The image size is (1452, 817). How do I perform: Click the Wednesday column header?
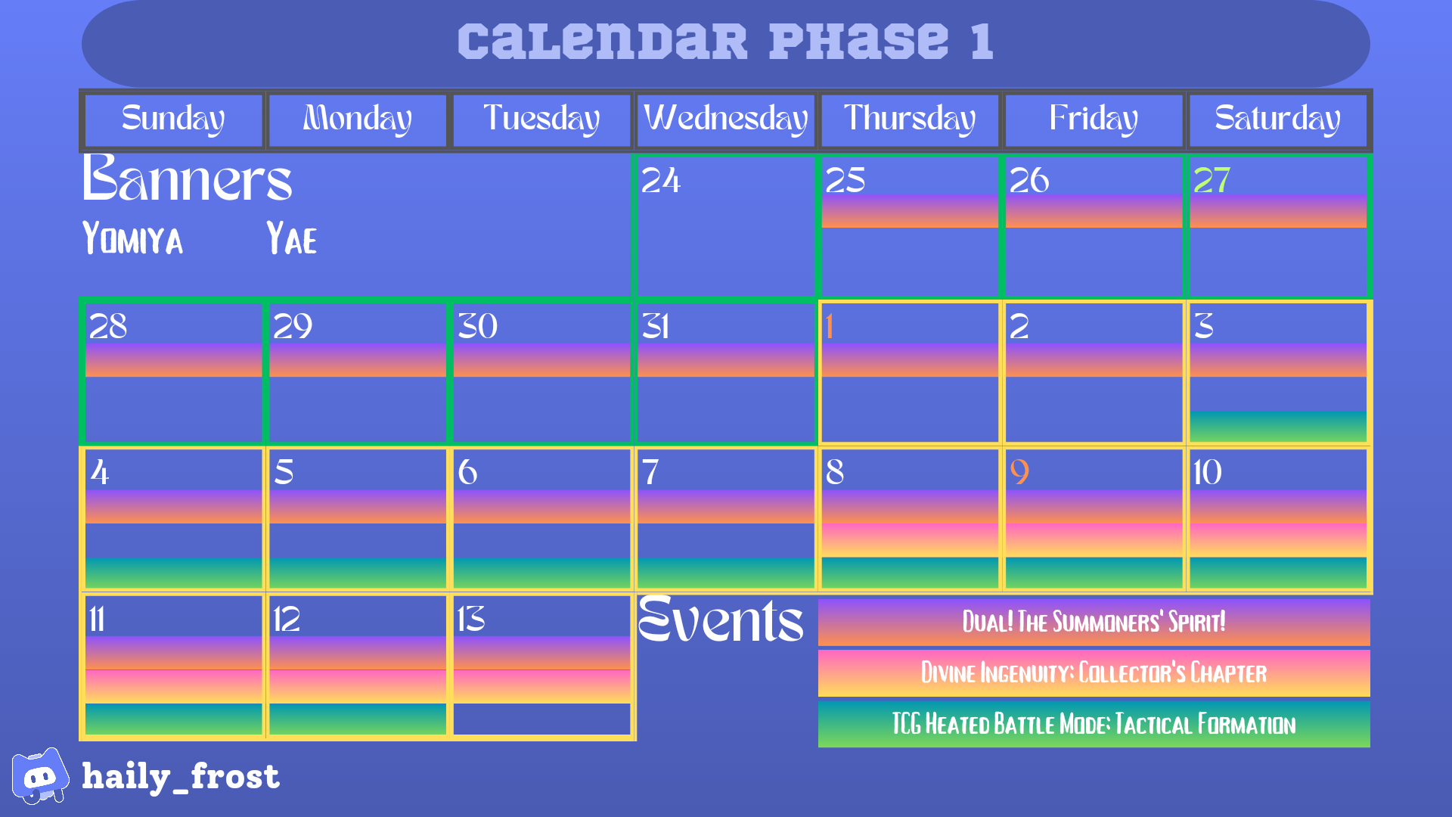(725, 120)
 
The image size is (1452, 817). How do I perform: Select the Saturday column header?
(1277, 120)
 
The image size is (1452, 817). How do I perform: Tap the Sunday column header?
(173, 120)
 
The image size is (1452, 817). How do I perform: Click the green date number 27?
(1212, 180)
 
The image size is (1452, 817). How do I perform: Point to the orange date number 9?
(1019, 472)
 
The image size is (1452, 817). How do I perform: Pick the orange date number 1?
(830, 327)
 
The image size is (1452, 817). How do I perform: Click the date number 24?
(660, 180)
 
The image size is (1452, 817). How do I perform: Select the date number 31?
(655, 327)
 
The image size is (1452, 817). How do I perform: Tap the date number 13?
(470, 619)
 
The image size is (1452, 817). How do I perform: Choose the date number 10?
(1207, 472)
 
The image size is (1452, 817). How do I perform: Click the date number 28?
(108, 327)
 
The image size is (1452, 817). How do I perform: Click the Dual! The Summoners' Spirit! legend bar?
(1094, 622)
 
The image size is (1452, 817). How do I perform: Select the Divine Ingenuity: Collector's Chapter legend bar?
(1094, 673)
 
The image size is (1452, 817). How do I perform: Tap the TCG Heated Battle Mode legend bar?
(1094, 724)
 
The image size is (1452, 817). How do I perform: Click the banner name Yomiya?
(132, 238)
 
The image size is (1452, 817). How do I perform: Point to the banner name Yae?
(291, 238)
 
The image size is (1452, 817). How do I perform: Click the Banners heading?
(187, 179)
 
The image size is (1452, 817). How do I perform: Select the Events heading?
(720, 620)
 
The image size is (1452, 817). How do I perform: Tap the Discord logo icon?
(39, 776)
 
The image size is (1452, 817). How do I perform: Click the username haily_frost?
(181, 776)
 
